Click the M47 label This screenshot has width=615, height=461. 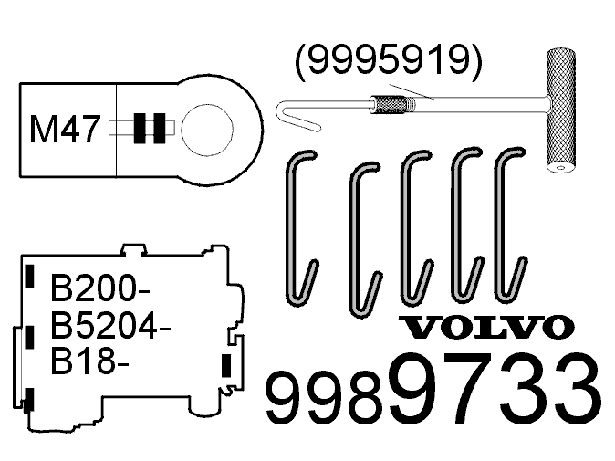click(64, 130)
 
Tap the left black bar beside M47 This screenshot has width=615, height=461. click(140, 129)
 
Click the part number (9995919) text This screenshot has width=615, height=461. click(388, 60)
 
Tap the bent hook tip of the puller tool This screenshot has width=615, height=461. click(285, 115)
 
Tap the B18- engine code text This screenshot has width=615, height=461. click(89, 361)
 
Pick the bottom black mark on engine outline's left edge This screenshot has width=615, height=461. click(30, 399)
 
